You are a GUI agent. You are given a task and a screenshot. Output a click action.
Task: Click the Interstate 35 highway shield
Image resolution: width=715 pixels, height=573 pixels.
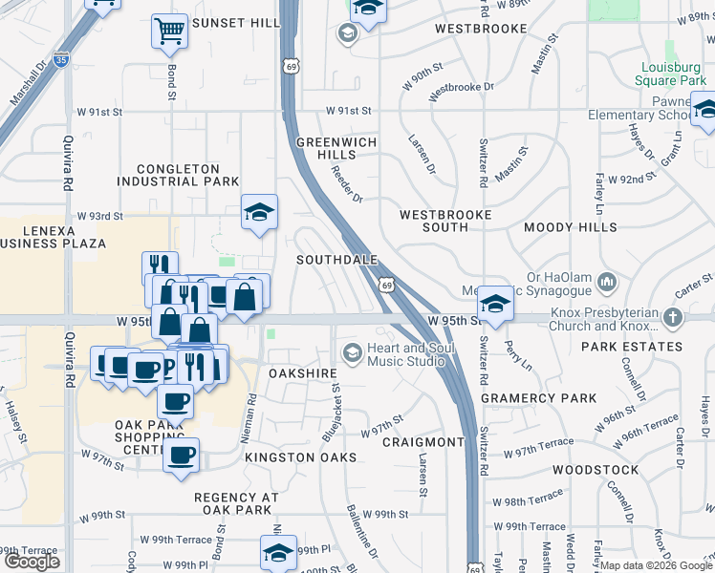pyautogui.click(x=62, y=60)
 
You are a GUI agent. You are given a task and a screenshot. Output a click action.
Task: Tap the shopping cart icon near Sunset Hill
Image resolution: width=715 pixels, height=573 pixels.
pyautogui.click(x=169, y=32)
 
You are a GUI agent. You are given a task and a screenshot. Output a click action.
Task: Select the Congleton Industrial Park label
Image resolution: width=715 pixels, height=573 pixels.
pyautogui.click(x=179, y=175)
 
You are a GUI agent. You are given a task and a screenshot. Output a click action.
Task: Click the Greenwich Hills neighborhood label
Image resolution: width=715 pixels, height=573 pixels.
pyautogui.click(x=336, y=148)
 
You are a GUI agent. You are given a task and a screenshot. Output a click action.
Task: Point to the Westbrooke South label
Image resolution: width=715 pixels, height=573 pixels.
pyautogui.click(x=445, y=221)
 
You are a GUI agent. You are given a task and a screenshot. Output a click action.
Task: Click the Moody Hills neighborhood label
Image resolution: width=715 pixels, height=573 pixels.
pyautogui.click(x=571, y=227)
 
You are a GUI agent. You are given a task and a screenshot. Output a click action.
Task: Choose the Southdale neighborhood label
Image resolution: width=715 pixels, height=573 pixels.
pyautogui.click(x=337, y=260)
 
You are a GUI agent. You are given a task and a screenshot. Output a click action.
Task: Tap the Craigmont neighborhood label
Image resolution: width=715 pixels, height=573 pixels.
pyautogui.click(x=422, y=442)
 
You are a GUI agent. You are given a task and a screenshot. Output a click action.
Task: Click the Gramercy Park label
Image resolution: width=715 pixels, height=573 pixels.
pyautogui.click(x=538, y=398)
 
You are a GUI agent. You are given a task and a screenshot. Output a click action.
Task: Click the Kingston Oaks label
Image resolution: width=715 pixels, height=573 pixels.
pyautogui.click(x=300, y=457)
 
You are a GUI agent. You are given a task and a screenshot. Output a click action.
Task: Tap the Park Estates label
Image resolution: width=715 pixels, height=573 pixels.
pyautogui.click(x=631, y=347)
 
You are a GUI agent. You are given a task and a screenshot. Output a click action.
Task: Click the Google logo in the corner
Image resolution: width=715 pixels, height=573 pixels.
pyautogui.click(x=32, y=562)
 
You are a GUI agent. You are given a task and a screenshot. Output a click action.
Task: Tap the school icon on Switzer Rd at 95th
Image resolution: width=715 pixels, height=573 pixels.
pyautogui.click(x=495, y=304)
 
